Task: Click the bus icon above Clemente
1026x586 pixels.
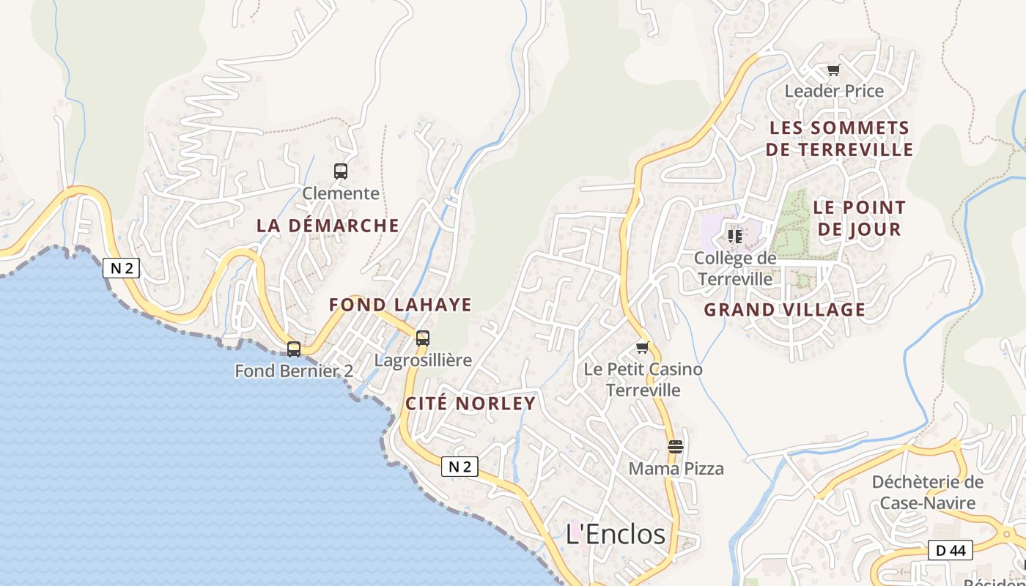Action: pyautogui.click(x=341, y=171)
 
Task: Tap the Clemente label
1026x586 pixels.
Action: pyautogui.click(x=341, y=193)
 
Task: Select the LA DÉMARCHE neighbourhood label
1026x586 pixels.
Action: pyautogui.click(x=328, y=226)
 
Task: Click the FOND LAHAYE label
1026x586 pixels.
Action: pyautogui.click(x=400, y=305)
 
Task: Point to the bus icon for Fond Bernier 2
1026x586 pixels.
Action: pyautogui.click(x=294, y=349)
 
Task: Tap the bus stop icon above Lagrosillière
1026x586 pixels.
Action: pyautogui.click(x=423, y=338)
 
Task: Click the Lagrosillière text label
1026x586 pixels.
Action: pyautogui.click(x=423, y=360)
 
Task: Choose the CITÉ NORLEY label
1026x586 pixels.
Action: pyautogui.click(x=470, y=404)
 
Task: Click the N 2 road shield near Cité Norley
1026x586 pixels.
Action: pyautogui.click(x=460, y=467)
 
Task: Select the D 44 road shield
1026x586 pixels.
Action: pyautogui.click(x=950, y=550)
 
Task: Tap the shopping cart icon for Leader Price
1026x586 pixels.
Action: pyautogui.click(x=833, y=70)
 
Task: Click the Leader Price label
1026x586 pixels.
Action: pyautogui.click(x=834, y=92)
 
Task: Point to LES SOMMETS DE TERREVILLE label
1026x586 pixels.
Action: pyautogui.click(x=839, y=139)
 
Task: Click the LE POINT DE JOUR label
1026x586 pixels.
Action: pyautogui.click(x=859, y=218)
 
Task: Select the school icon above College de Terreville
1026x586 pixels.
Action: pyautogui.click(x=735, y=236)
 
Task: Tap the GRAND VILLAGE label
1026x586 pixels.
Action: pyautogui.click(x=784, y=310)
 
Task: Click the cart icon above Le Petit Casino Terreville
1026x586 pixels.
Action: pyautogui.click(x=643, y=347)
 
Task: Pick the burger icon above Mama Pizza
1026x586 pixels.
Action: pyautogui.click(x=676, y=446)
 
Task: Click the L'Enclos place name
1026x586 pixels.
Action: pyautogui.click(x=616, y=534)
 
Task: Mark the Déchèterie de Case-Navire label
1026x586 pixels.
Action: pyautogui.click(x=927, y=492)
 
